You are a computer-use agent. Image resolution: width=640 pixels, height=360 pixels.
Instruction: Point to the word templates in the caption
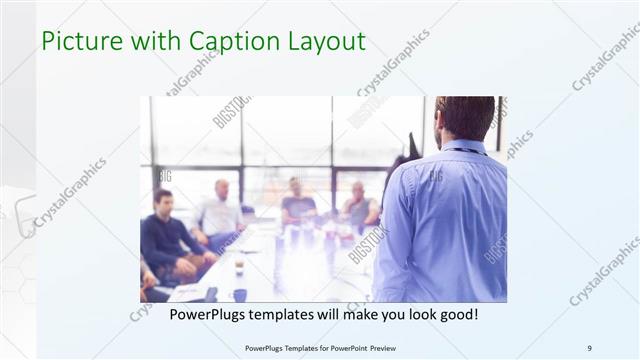point(298,314)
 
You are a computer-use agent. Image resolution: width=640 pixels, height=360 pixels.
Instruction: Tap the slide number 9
point(590,348)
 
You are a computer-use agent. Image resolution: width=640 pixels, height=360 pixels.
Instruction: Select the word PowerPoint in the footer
point(342,348)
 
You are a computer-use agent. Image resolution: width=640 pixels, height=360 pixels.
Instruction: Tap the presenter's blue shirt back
point(445,220)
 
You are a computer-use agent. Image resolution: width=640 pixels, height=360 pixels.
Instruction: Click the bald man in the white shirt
point(221,211)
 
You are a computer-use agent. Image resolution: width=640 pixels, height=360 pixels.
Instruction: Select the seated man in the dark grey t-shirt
point(297,204)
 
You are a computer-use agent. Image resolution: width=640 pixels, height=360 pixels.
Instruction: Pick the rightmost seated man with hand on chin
point(358,205)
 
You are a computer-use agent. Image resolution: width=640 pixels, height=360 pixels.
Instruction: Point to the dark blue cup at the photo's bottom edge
point(240,294)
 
